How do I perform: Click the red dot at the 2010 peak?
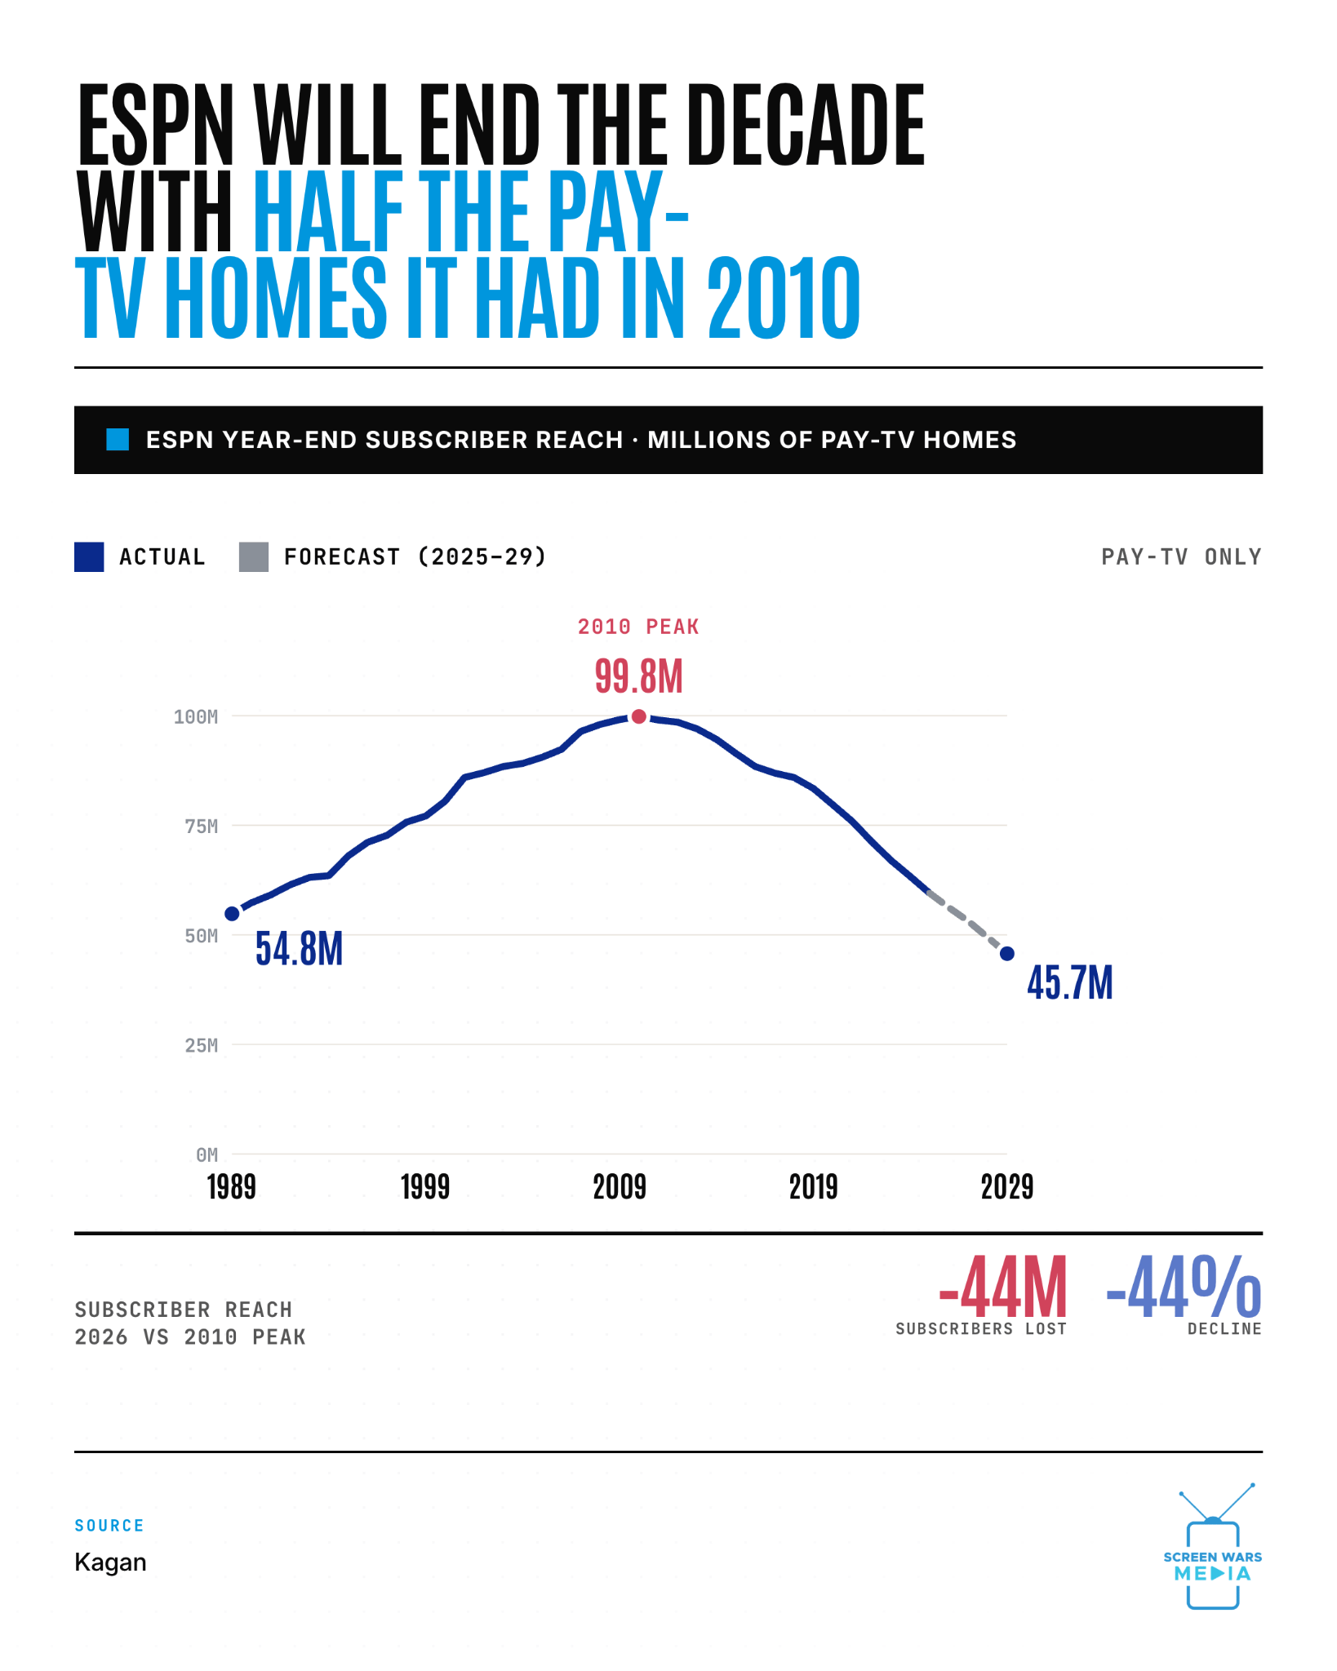pos(639,716)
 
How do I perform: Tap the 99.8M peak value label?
pos(638,676)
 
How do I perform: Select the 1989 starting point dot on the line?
pos(232,914)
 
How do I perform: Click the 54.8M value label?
pos(299,949)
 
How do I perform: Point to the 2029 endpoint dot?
pos(1007,954)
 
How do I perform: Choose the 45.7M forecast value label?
pos(1070,982)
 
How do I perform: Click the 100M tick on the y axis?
pos(196,717)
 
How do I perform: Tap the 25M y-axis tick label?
pos(202,1045)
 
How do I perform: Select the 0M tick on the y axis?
pos(207,1155)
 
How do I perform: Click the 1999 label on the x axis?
pos(425,1187)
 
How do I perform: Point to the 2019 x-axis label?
pos(813,1187)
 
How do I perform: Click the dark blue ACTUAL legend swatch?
pos(89,557)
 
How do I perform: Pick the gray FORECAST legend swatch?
pos(254,557)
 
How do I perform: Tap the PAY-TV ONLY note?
pos(1181,556)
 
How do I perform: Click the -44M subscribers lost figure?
pos(1002,1287)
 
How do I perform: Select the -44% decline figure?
pos(1184,1287)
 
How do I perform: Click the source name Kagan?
pos(110,1562)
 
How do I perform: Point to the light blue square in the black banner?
pos(118,440)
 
